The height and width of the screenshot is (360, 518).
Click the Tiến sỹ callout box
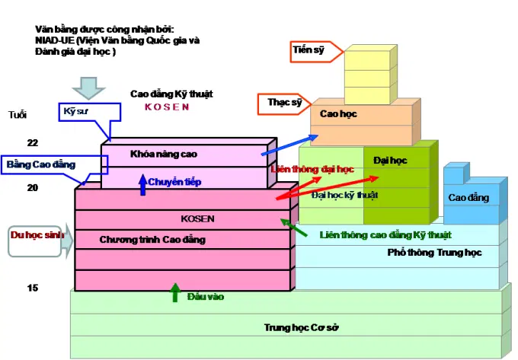[x=308, y=52]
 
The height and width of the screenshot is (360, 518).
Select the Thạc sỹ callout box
[x=284, y=102]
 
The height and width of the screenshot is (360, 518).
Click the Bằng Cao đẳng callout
[x=41, y=164]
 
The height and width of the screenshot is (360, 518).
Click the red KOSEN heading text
[x=167, y=107]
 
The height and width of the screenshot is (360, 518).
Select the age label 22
[x=32, y=142]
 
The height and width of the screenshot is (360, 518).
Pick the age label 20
[x=32, y=188]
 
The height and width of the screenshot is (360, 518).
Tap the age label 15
[x=32, y=288]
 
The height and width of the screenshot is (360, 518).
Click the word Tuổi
[x=18, y=115]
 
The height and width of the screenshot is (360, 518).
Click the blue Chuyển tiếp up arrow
[x=142, y=183]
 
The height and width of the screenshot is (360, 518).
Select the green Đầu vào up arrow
[x=175, y=292]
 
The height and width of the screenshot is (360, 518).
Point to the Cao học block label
[x=338, y=114]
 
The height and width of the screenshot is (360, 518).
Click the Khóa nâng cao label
[x=164, y=154]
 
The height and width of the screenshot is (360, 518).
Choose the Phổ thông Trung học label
[x=425, y=252]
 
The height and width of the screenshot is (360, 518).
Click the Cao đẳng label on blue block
[x=468, y=198]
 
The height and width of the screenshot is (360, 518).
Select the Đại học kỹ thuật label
[x=345, y=196]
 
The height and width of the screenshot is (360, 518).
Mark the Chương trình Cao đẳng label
[x=152, y=240]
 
